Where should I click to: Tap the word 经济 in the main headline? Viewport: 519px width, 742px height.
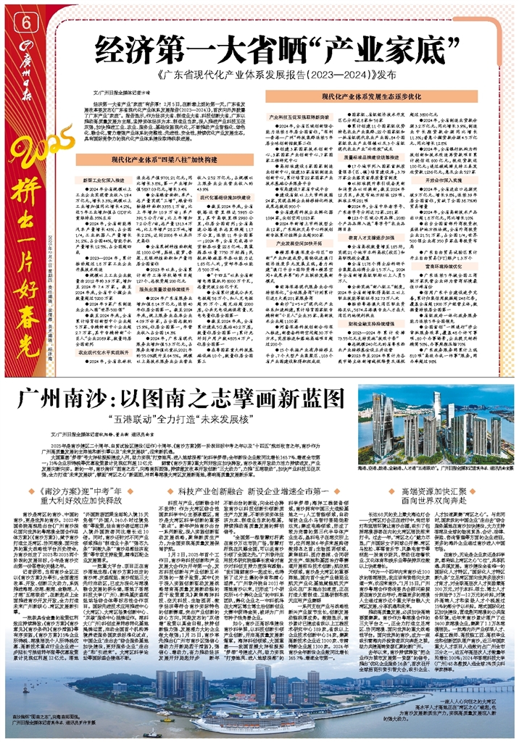coord(119,52)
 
